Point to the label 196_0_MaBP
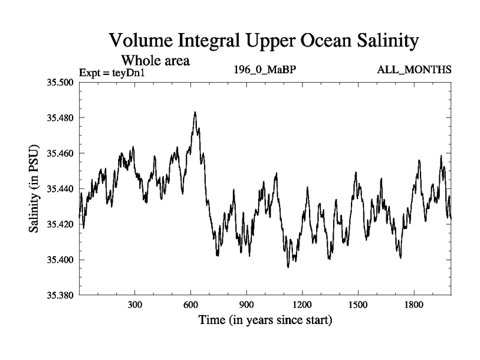[x=265, y=70]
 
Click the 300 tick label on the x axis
[x=135, y=305]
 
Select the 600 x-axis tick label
[x=191, y=305]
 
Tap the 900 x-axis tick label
[x=247, y=305]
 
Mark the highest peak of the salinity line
[x=195, y=112]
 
